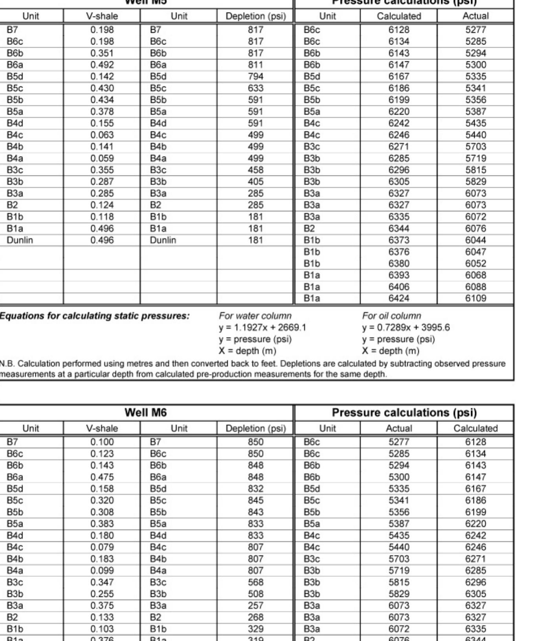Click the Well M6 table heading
pos(146,413)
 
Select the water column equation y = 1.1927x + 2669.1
pos(262,328)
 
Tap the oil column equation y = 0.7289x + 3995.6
pos(406,328)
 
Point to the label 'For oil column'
pos(391,316)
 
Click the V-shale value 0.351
pos(102,53)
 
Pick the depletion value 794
pos(255,76)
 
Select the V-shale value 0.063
pos(102,135)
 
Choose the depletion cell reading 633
pos(255,88)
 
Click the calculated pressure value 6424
pos(399,298)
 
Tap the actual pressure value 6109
pos(475,298)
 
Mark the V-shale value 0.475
pos(102,477)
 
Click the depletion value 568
pos(255,582)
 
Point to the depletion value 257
pos(255,606)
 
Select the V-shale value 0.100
pos(102,442)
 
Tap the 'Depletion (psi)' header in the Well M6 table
pos(255,428)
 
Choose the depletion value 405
pos(255,182)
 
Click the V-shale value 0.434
pos(102,100)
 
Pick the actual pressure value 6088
pos(475,287)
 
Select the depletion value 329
pos(255,629)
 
